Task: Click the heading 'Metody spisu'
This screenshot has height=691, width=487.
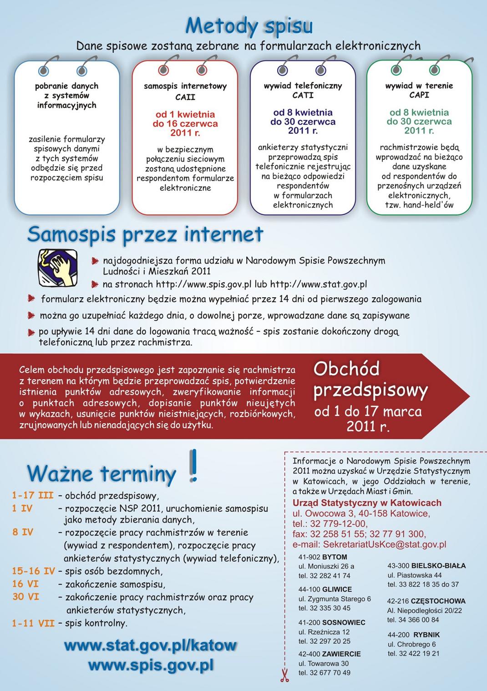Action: (249, 26)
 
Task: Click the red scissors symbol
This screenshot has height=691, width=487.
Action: (284, 674)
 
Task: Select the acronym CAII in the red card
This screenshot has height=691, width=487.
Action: (185, 97)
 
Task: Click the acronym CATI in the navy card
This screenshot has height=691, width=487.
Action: (303, 95)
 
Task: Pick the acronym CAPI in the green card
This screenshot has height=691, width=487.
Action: (419, 95)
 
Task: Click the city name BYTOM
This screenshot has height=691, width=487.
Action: (335, 557)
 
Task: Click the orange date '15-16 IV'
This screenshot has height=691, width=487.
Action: (33, 571)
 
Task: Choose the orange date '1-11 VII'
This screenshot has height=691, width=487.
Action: (33, 623)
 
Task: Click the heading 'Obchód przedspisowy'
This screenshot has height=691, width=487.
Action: (370, 379)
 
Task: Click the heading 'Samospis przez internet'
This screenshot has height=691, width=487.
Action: (145, 234)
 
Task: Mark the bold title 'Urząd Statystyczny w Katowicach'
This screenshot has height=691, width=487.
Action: (367, 503)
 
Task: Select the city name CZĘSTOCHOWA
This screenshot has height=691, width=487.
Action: (438, 601)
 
